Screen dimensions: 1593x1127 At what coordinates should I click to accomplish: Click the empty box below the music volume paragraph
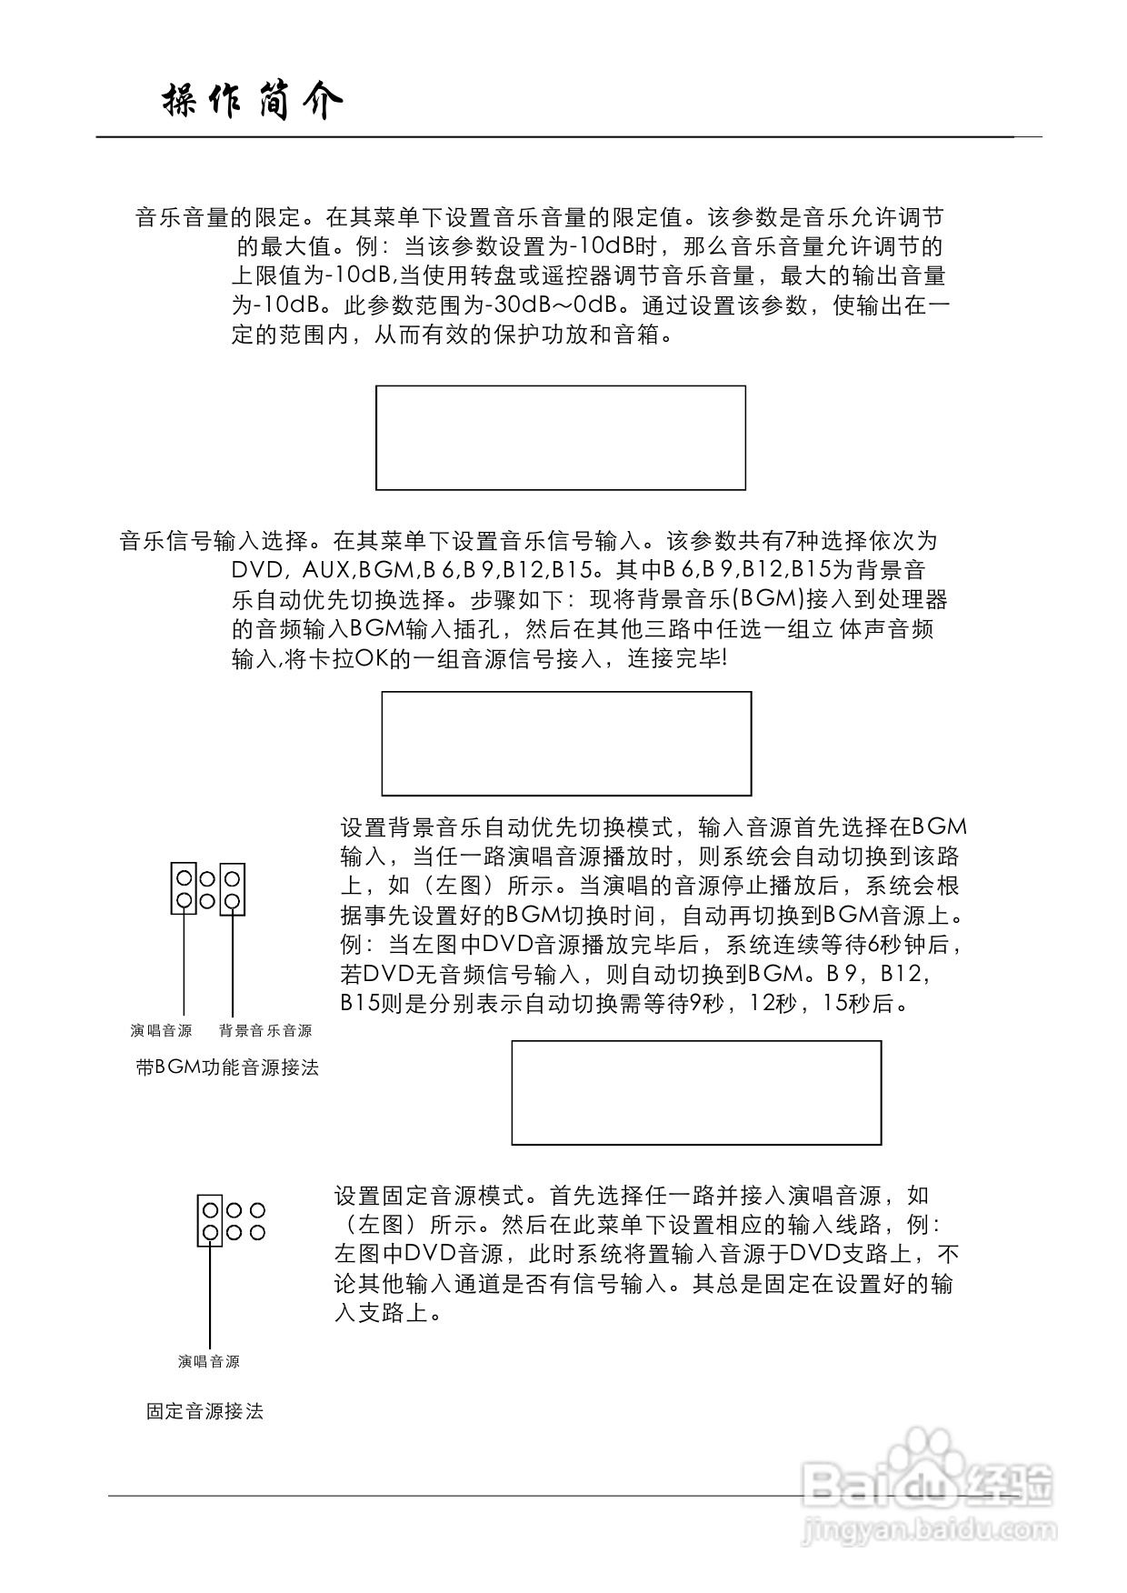tap(561, 437)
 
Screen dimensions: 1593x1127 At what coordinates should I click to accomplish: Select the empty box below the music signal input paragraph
tap(566, 743)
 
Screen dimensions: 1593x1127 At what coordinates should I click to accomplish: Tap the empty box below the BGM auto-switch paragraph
tap(696, 1092)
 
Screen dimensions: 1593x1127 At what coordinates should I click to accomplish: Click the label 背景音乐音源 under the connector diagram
tap(265, 1030)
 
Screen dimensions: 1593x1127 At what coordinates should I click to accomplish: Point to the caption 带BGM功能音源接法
tap(227, 1067)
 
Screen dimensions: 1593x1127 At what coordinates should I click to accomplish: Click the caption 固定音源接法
tap(204, 1411)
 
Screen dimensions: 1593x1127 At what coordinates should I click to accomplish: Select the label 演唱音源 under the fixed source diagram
tap(209, 1361)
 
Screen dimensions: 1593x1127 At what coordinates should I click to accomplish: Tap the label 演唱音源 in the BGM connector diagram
tap(161, 1030)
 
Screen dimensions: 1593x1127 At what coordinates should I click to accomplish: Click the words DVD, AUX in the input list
tap(291, 570)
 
